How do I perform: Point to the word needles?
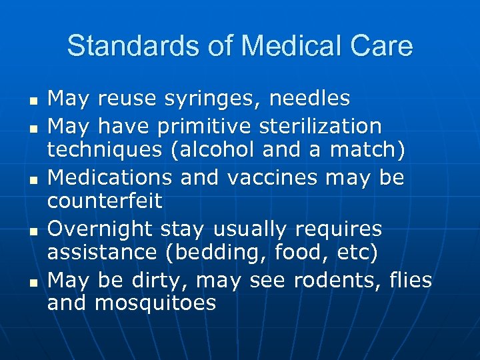(x=309, y=98)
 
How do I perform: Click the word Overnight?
(x=101, y=229)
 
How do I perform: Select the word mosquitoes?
(x=155, y=304)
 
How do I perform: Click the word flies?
(x=411, y=280)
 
